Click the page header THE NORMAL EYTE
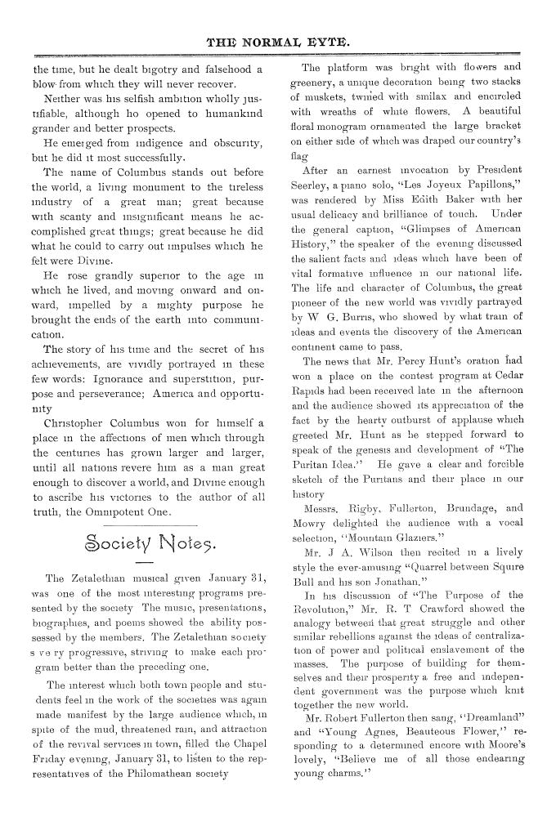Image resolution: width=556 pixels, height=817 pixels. click(x=277, y=38)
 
